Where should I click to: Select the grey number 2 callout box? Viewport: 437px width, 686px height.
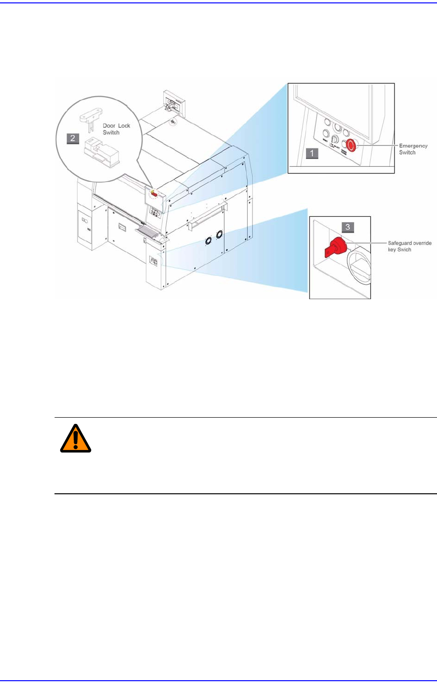click(x=73, y=138)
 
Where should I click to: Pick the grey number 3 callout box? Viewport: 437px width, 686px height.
click(x=348, y=226)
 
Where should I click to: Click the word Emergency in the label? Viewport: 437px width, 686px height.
click(x=413, y=145)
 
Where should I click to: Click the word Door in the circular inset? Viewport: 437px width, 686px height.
click(x=109, y=126)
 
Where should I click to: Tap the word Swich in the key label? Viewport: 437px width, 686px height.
click(x=404, y=250)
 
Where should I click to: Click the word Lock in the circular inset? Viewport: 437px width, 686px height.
click(x=124, y=126)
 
